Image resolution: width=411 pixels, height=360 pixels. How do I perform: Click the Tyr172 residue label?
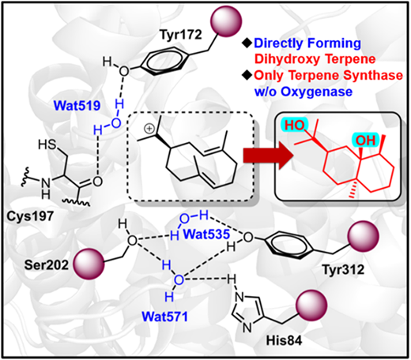tap(181, 35)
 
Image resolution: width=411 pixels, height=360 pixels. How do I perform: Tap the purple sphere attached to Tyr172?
tap(226, 21)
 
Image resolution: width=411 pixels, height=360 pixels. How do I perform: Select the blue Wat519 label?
tap(77, 106)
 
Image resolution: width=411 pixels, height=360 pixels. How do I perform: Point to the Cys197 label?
tap(30, 216)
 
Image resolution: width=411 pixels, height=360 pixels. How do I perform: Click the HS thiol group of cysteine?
tap(47, 145)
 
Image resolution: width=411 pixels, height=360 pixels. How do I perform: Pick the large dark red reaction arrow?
tap(268, 156)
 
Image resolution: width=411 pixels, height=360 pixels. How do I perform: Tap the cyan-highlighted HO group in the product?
tap(295, 126)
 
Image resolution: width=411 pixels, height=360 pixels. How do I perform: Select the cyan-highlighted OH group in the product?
tap(366, 141)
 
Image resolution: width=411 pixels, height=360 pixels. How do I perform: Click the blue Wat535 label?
tap(206, 234)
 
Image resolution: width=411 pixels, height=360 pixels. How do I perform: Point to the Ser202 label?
tap(47, 265)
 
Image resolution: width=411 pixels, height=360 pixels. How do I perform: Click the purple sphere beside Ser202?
tap(89, 264)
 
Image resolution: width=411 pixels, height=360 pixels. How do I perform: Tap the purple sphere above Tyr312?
tap(364, 236)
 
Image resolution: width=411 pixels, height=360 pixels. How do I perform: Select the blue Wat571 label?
tap(165, 316)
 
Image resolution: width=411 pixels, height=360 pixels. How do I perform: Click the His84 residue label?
tap(284, 340)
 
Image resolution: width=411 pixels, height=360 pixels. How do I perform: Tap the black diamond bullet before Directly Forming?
tap(248, 43)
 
